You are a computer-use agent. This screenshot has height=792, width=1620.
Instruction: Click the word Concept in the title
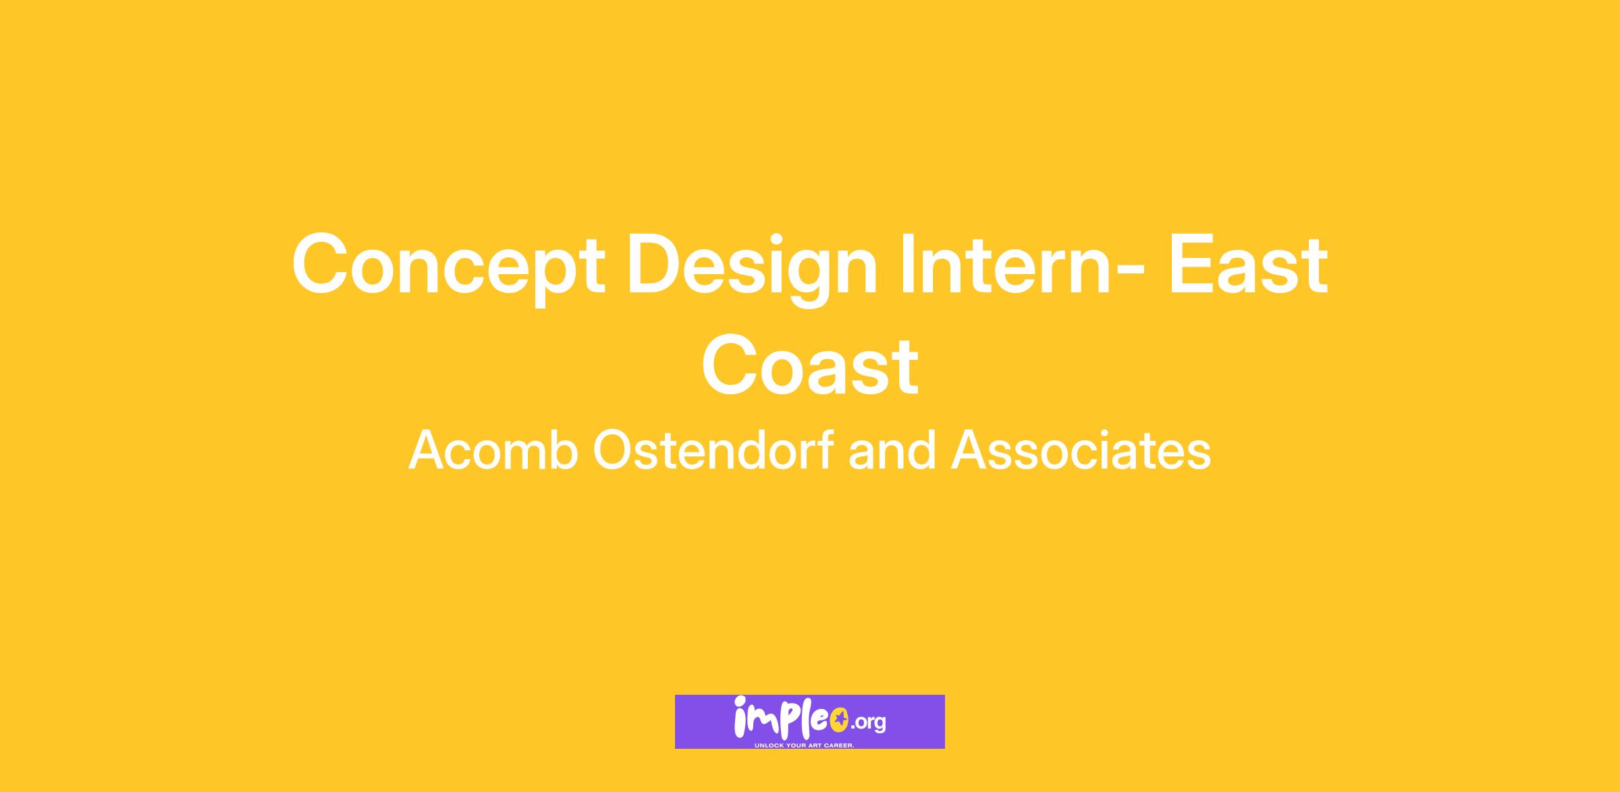448,267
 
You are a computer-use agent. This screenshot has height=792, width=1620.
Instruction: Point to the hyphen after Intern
1130,272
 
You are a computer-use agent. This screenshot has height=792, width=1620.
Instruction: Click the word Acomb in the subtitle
493,450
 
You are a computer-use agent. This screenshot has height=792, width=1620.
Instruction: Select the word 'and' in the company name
892,450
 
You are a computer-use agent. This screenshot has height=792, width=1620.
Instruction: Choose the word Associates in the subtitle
1081,450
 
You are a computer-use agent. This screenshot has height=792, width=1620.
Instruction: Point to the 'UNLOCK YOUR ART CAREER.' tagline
805,745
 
